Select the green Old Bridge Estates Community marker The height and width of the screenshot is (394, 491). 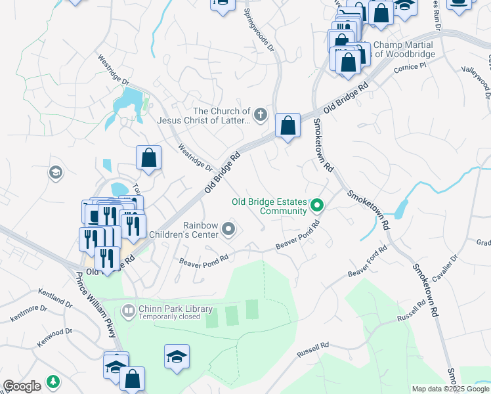317,206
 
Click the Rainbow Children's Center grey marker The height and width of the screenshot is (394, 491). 228,229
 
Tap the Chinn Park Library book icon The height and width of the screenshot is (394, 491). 129,309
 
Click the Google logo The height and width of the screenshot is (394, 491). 22,385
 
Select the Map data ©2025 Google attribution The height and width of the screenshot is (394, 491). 450,389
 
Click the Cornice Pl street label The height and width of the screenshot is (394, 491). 410,68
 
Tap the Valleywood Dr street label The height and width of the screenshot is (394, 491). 477,82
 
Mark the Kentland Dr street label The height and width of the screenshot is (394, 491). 54,300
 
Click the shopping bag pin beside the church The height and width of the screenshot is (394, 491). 288,125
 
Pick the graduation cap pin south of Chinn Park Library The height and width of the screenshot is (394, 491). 177,357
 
